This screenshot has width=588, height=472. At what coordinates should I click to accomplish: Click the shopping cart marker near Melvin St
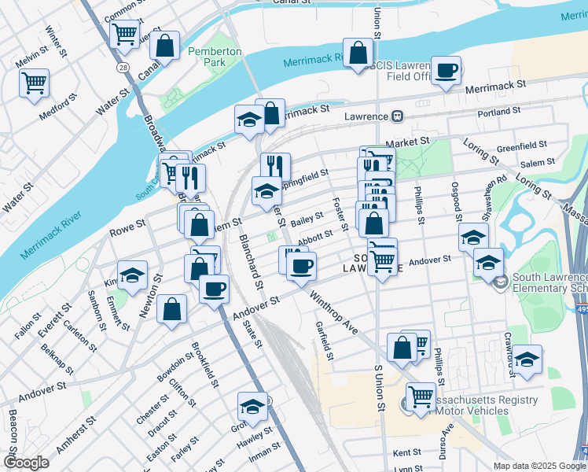pos(35,83)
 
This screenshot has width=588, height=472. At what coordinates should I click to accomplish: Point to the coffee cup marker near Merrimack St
pos(447,71)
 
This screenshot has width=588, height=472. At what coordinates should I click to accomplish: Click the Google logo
pos(25,462)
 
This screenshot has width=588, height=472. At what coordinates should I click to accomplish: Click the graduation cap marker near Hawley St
pos(252,407)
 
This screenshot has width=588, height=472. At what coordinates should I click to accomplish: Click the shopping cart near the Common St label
pos(124,34)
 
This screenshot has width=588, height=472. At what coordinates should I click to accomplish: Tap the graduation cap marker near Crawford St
pos(527,359)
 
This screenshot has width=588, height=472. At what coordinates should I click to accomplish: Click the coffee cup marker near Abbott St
pos(301,265)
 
